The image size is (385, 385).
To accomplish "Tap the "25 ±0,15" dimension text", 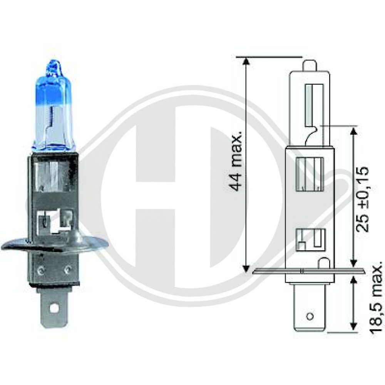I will point(362,199).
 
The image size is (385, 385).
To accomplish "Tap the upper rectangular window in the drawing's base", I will point(308,174).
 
